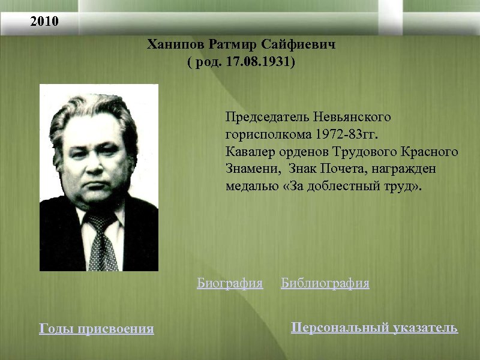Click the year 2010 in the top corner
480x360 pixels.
coord(45,23)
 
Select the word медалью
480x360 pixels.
coord(249,187)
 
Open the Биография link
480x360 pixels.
coord(230,283)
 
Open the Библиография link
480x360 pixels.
coord(325,283)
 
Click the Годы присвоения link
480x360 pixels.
coord(96,329)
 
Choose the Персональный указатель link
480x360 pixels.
coord(374,328)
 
